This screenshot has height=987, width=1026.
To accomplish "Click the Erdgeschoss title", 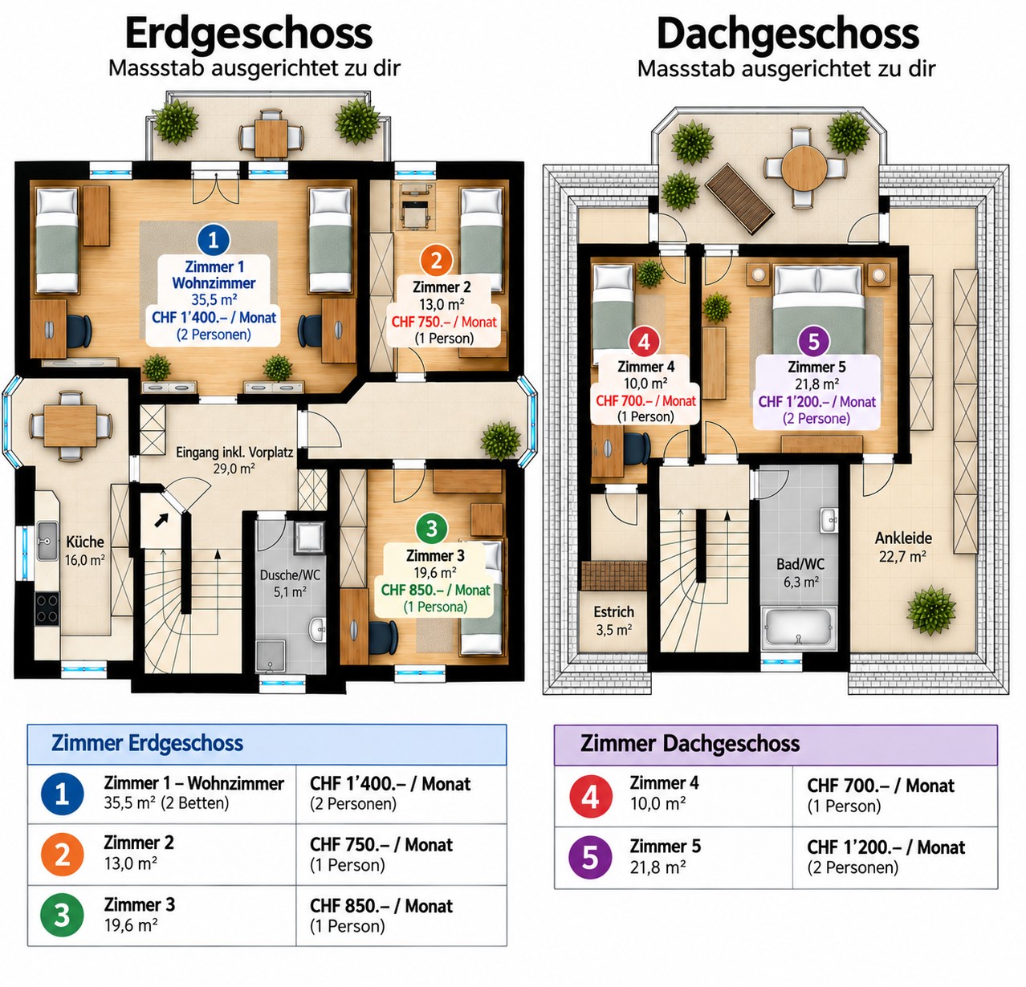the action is pyautogui.click(x=248, y=35).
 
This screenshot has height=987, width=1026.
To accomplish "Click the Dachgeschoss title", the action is pyautogui.click(x=788, y=35).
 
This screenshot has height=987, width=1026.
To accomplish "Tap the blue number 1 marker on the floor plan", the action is pyautogui.click(x=213, y=240).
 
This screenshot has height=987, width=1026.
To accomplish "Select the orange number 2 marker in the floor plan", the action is pyautogui.click(x=436, y=261).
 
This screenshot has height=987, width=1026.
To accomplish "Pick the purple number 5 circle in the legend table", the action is pyautogui.click(x=590, y=857).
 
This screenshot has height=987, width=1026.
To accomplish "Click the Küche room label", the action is pyautogui.click(x=85, y=542).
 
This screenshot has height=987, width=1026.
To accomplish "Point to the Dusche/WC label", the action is pyautogui.click(x=290, y=575).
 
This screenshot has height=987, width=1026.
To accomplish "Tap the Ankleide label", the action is pyautogui.click(x=903, y=538).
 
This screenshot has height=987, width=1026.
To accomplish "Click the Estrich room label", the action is pyautogui.click(x=613, y=611).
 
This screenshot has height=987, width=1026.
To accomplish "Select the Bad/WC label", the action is pyautogui.click(x=800, y=564).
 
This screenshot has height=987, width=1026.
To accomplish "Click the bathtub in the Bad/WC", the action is pyautogui.click(x=799, y=628).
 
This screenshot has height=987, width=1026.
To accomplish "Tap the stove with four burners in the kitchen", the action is pyautogui.click(x=47, y=608).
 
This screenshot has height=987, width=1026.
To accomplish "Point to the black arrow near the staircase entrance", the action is pyautogui.click(x=161, y=520).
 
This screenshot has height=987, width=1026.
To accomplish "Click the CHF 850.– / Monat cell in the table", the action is pyautogui.click(x=381, y=907).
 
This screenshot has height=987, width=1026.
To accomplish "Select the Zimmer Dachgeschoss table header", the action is pyautogui.click(x=690, y=744).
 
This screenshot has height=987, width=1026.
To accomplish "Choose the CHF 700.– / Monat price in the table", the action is pyautogui.click(x=881, y=786).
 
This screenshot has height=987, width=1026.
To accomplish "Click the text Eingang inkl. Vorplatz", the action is pyautogui.click(x=234, y=453).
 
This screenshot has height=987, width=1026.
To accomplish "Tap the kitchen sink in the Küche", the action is pyautogui.click(x=47, y=541).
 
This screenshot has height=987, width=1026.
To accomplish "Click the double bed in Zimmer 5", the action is pyautogui.click(x=818, y=309).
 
